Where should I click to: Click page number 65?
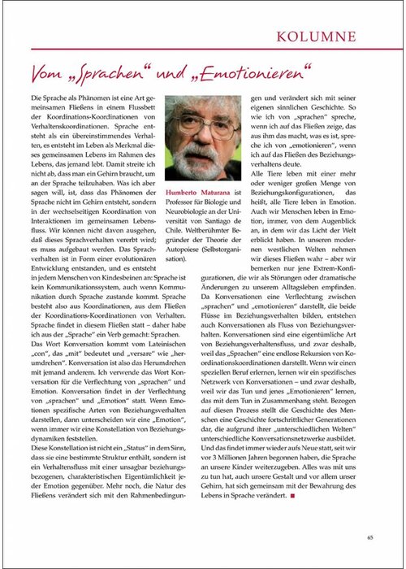[369, 536]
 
